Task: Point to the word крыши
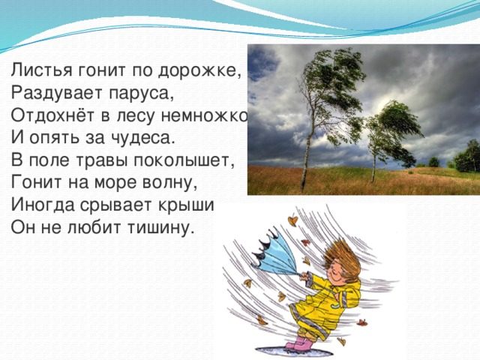click(186, 205)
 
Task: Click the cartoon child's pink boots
click(298, 343)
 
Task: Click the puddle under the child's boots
click(293, 350)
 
